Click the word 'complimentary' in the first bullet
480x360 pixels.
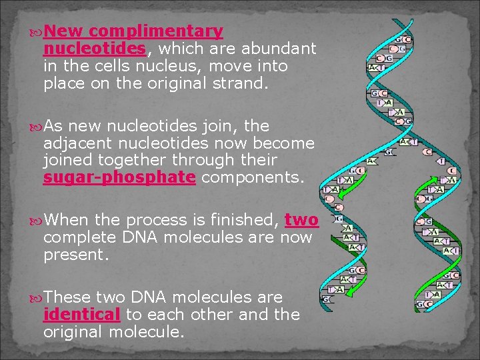click(x=155, y=31)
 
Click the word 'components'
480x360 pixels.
click(x=251, y=178)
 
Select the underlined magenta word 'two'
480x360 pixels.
click(x=301, y=221)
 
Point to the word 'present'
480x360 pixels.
click(x=73, y=255)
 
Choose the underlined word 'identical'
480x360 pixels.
click(x=81, y=314)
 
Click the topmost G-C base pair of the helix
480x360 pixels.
click(x=404, y=40)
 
